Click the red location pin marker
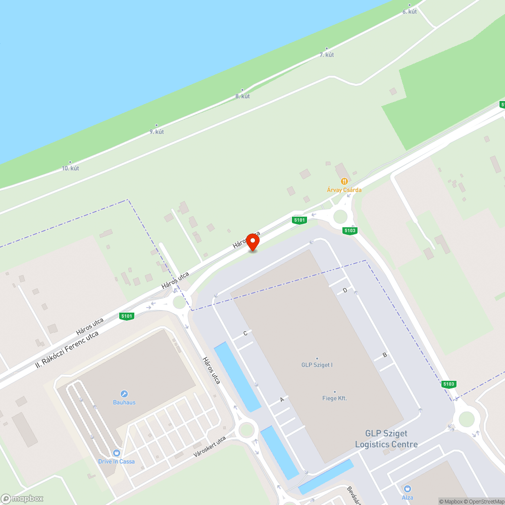[252, 242]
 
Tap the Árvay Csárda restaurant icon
[344, 181]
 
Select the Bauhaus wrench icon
[124, 394]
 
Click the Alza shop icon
[407, 488]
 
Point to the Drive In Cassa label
[116, 461]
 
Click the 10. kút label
[70, 168]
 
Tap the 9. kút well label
[157, 132]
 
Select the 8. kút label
[242, 96]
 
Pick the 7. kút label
[327, 55]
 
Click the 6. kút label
[410, 12]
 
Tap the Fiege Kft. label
[334, 398]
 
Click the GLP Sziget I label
[317, 365]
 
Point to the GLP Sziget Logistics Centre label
[386, 439]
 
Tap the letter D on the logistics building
[345, 290]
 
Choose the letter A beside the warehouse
[282, 399]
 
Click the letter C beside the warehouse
[245, 333]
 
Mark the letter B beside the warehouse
[385, 355]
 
